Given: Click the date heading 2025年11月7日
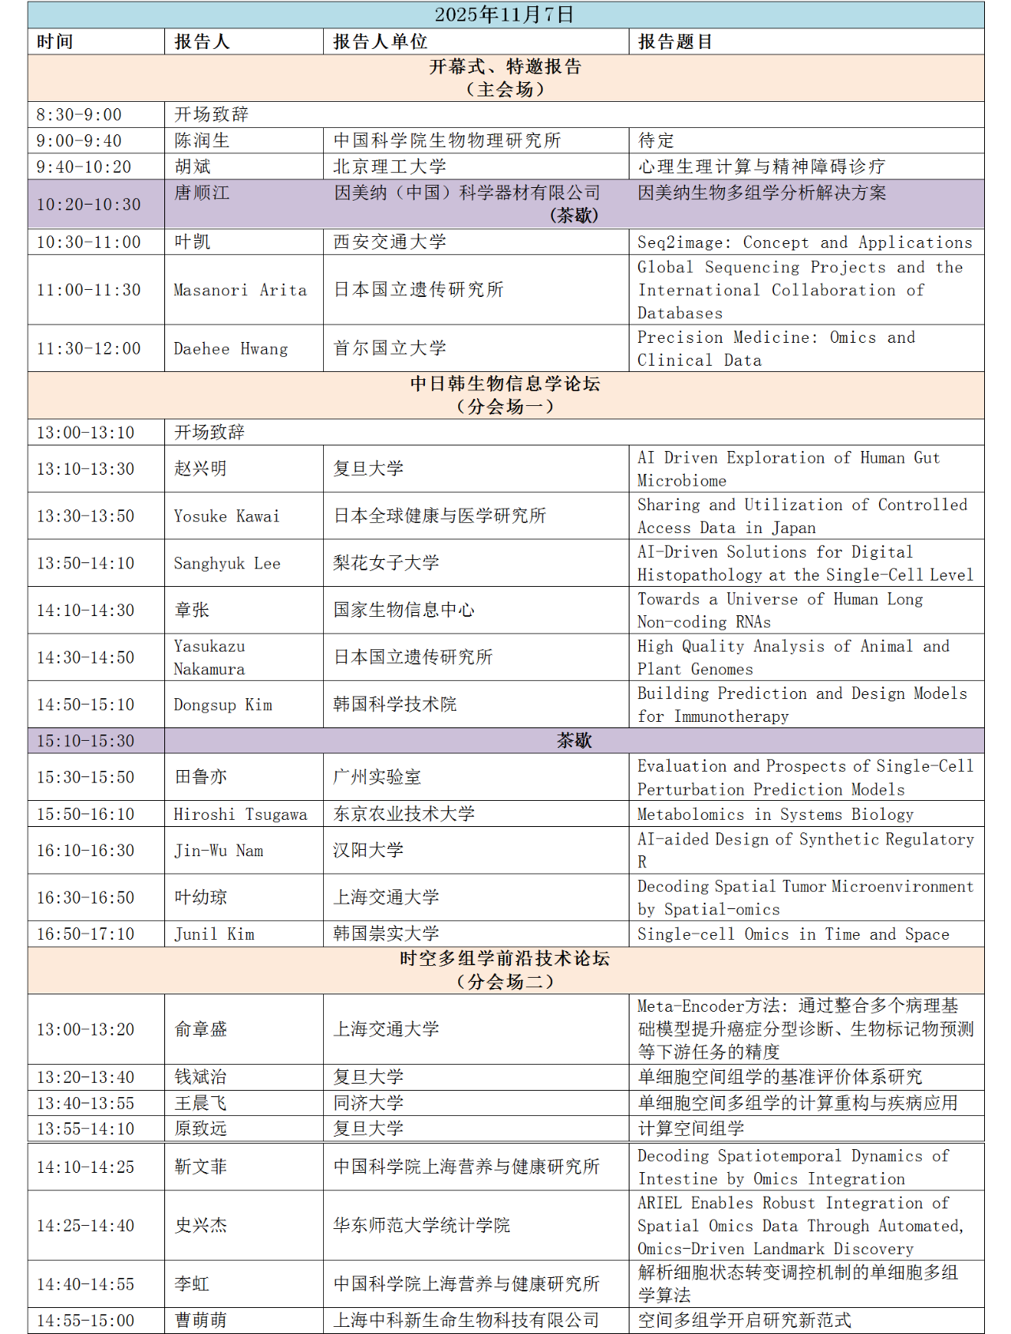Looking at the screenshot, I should (505, 15).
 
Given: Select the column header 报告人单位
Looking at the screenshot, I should (380, 42).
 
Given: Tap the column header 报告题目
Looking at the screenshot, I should (675, 42).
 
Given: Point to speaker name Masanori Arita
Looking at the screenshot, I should (240, 290).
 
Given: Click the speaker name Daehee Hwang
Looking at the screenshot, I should (231, 348).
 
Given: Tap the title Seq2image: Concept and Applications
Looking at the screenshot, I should (805, 242).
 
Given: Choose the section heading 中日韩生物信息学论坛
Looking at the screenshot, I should (505, 384).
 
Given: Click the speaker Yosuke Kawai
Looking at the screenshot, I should (227, 516).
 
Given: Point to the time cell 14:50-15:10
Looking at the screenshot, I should (85, 704).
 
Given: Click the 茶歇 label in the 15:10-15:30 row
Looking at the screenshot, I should (574, 740).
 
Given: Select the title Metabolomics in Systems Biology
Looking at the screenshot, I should (775, 814).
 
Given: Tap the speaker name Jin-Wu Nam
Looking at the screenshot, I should (219, 851).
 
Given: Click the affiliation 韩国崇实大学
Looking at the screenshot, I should (385, 934).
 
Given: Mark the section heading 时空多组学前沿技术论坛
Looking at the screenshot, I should (505, 959).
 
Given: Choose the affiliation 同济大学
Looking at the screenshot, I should (368, 1103).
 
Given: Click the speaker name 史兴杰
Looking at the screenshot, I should (201, 1225).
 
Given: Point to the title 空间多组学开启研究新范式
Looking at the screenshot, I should (744, 1320).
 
